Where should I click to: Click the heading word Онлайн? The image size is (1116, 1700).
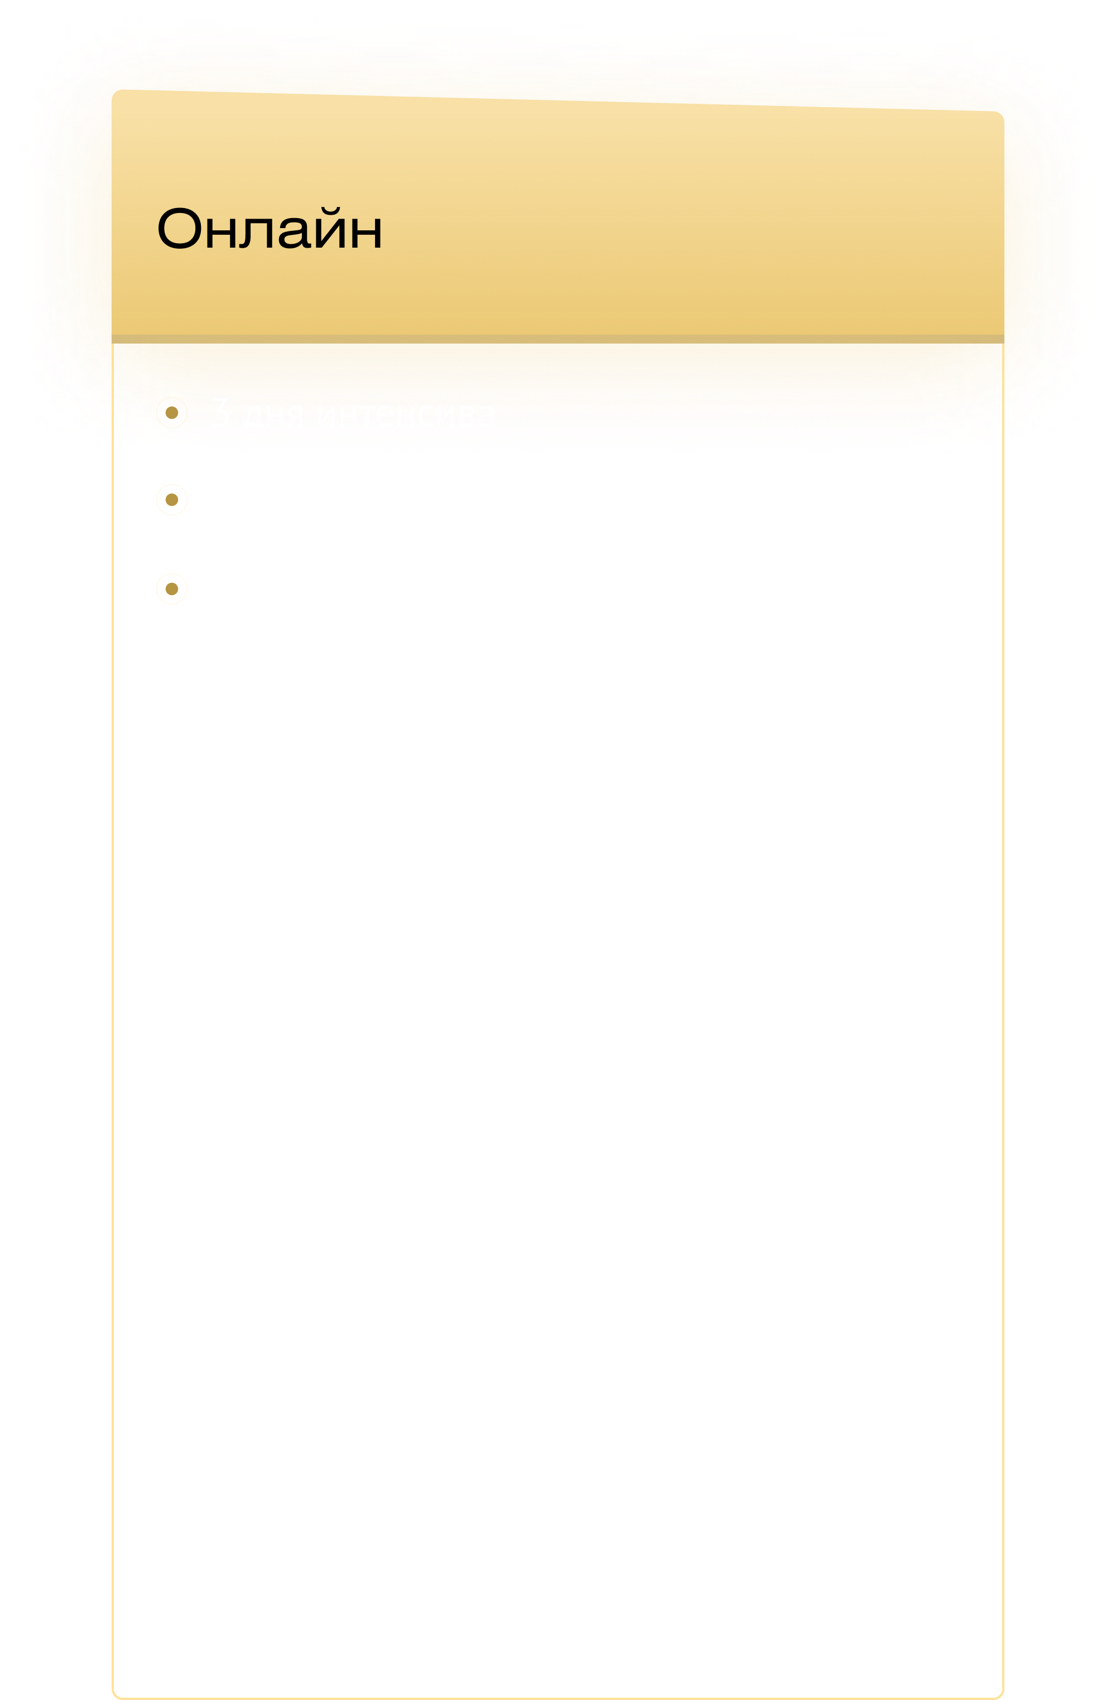coord(270,229)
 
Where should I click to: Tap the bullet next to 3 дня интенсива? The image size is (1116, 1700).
coord(171,412)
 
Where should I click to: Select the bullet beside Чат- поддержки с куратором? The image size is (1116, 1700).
coord(171,500)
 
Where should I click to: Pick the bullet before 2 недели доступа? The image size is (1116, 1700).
coord(171,588)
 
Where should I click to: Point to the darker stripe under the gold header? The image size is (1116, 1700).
coord(557,339)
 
